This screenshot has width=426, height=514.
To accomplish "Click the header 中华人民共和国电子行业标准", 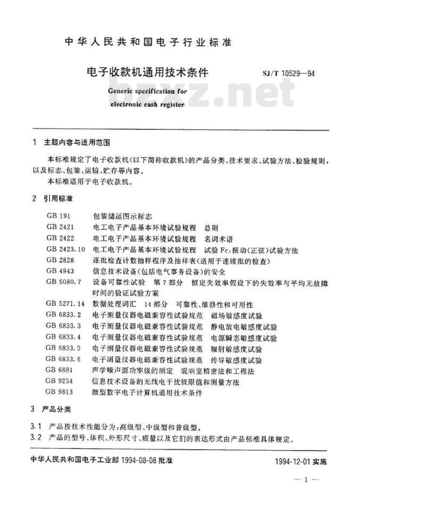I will [x=148, y=43].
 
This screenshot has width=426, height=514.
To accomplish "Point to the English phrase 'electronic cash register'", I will [x=148, y=105].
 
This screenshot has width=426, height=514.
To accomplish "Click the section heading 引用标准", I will [x=59, y=198].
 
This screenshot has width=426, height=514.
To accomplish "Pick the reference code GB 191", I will [x=58, y=217].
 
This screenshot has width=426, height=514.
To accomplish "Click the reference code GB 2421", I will [x=60, y=228].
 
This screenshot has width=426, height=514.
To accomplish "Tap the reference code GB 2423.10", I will [x=65, y=250].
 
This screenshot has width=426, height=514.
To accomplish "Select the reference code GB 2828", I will [x=60, y=260].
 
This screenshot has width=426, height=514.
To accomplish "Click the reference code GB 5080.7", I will [x=63, y=282].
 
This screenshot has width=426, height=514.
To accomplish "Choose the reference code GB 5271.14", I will [x=65, y=304].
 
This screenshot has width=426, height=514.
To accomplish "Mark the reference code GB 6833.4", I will [x=63, y=337].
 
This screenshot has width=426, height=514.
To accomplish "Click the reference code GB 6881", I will [x=60, y=371].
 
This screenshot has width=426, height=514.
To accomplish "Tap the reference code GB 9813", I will [x=60, y=393].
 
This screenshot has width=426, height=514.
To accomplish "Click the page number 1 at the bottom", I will [x=306, y=480].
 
